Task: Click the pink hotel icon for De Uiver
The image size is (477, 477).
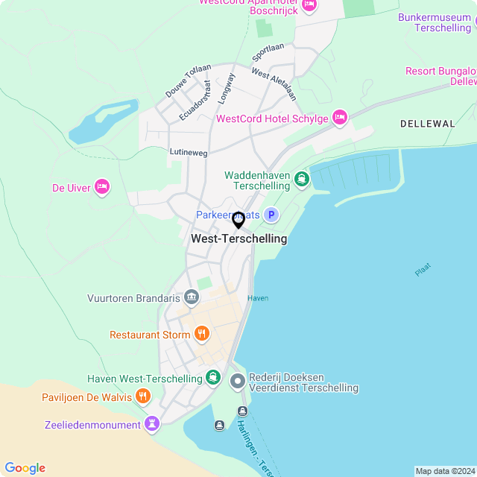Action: (102, 187)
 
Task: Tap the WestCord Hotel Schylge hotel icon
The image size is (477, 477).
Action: (340, 118)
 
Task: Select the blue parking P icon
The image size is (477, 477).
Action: (272, 215)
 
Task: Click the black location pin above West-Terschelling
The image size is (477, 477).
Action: (238, 220)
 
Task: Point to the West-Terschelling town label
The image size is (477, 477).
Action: (238, 239)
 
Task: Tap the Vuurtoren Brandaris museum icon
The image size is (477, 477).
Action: (192, 298)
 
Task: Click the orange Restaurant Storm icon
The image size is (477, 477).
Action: (201, 335)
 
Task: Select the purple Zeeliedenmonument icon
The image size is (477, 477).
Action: (153, 425)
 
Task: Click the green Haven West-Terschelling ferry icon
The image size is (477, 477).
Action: (213, 378)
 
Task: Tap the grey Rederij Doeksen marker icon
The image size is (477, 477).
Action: (238, 382)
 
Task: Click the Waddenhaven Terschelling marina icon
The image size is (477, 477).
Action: (301, 179)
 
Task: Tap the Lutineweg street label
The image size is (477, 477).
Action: (189, 151)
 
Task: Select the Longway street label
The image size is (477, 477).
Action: (226, 87)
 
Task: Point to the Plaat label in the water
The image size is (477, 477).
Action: (423, 270)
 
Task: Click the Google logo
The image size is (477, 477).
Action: (25, 467)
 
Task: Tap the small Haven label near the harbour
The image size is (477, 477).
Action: (258, 298)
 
